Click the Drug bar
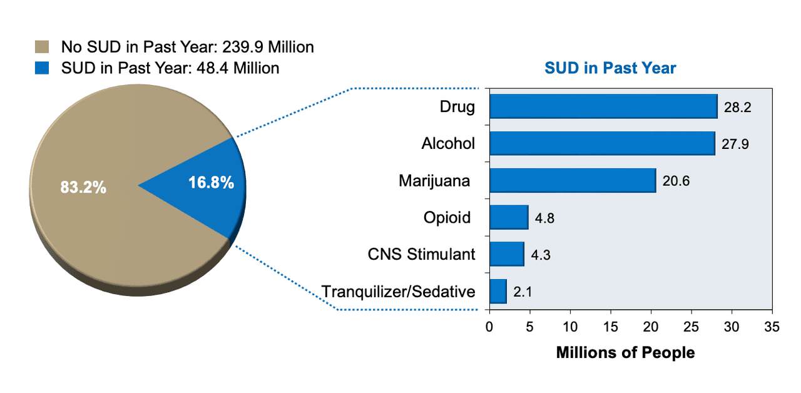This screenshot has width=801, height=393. coord(604,106)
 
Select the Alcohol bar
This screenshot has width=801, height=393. coord(603,143)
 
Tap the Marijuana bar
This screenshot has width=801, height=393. coord(573,181)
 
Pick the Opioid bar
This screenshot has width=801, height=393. coord(509,217)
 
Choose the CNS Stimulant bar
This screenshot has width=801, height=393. coord(507,254)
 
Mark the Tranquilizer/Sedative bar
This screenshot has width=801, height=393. coord(498,292)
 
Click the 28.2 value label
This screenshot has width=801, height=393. coord(737,107)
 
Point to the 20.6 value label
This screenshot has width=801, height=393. coord(676,181)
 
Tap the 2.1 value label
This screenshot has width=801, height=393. coord(523,292)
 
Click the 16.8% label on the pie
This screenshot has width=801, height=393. coord(212,182)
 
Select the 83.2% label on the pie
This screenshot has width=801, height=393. coord(83,187)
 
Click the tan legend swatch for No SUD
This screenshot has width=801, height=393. coord(42,47)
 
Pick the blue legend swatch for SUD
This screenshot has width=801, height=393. coord(42,68)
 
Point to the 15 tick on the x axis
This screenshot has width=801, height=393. coord(610,327)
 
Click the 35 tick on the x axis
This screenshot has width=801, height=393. coord(772,327)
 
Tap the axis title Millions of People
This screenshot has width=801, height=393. coord(625,352)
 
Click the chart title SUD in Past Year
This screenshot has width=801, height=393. coord(610,68)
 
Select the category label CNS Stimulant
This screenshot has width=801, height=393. coord(422,254)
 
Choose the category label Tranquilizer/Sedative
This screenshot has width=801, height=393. coord(399,292)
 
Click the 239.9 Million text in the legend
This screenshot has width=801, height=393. coord(268,47)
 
